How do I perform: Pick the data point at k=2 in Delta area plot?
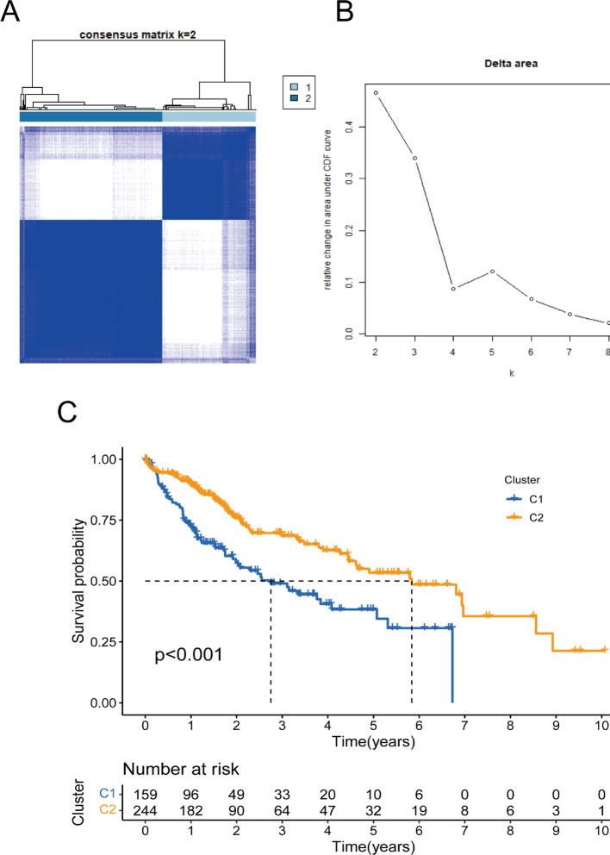[x=376, y=92]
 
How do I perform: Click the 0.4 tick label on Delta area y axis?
[x=349, y=127]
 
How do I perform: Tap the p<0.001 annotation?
[x=190, y=655]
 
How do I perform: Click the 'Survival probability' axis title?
[x=79, y=581]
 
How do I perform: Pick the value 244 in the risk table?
[x=145, y=810]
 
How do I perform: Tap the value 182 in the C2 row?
[x=190, y=810]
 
